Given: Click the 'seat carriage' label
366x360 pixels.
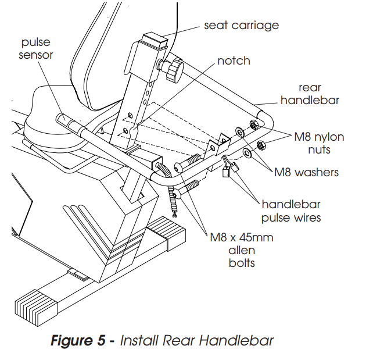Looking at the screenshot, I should pos(241,25).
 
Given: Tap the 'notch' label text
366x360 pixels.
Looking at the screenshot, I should pos(234,61).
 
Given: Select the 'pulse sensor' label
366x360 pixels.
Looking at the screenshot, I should pos(37,49).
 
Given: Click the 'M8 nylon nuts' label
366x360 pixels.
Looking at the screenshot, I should pos(319,143).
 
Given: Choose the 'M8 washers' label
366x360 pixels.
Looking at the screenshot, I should pos(306,172).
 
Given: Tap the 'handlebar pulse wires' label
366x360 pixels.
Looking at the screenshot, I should pos(291,211).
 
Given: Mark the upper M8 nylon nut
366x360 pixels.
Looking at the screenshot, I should pos(253,125).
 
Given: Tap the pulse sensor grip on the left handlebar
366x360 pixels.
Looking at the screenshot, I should pos(66,122).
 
